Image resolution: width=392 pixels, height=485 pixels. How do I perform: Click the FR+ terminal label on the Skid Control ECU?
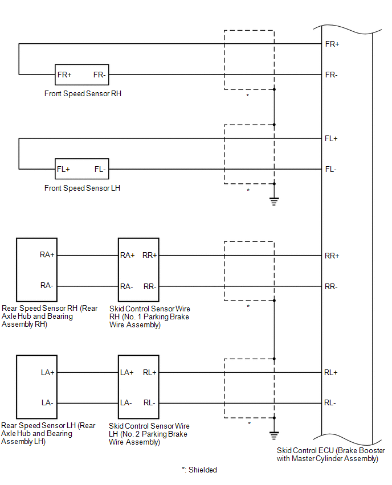coord(332,44)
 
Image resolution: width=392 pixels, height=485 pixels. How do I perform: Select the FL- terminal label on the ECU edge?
coord(331,169)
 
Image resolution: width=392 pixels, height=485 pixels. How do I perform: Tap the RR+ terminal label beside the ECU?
coord(332,256)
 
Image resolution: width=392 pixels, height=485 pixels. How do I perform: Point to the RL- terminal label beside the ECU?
coord(330,403)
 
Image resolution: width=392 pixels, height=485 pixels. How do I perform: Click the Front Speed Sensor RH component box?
coord(81,75)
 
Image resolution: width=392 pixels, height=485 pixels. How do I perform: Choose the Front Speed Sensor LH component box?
coord(81,169)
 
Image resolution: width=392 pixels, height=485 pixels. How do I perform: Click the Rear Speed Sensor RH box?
coord(36,270)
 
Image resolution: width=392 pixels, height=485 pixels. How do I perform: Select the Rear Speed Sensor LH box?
coord(36,387)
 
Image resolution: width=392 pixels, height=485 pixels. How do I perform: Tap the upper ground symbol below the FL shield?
coord(274,201)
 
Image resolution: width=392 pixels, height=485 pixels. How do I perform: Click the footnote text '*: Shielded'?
coord(199,470)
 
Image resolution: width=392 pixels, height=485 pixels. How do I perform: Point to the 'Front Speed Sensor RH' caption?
coord(83,93)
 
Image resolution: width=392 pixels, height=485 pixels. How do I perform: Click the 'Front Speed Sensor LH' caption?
coord(82,188)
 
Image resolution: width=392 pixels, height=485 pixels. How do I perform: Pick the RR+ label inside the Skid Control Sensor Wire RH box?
coord(150,256)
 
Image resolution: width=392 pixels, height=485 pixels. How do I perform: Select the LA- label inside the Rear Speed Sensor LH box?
coord(47,403)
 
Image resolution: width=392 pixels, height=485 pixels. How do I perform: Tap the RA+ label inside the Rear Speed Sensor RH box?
coord(47,255)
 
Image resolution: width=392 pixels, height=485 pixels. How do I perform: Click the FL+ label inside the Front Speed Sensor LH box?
coord(63,169)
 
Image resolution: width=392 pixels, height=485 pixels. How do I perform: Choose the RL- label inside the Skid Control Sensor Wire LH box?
coord(149,403)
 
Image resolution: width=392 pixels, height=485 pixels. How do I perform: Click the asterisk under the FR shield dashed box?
coord(247,96)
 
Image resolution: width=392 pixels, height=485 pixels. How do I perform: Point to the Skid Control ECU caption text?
coord(328,454)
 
